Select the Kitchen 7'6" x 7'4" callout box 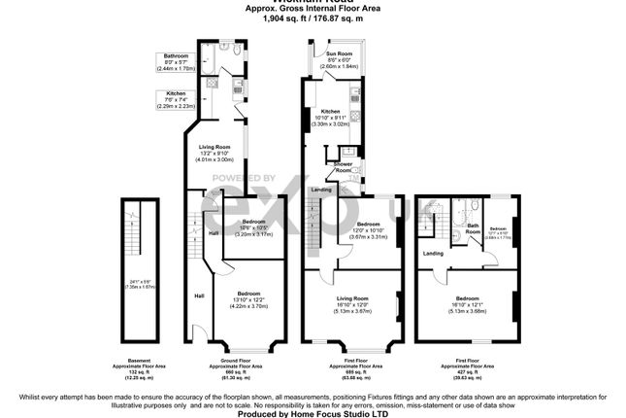pyautogui.click(x=175, y=99)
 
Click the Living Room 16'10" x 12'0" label pyautogui.click(x=352, y=303)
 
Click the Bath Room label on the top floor pyautogui.click(x=474, y=229)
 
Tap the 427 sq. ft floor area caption pyautogui.click(x=469, y=370)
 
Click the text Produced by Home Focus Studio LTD pyautogui.click(x=312, y=413)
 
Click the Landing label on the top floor pyautogui.click(x=433, y=254)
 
